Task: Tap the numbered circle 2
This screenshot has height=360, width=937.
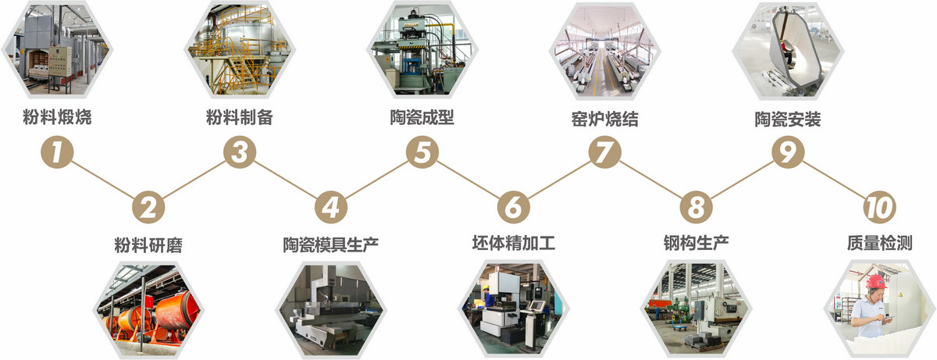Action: (x=148, y=207)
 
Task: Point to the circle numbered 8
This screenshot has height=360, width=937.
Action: (x=696, y=207)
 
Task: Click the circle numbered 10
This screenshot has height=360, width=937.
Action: (x=879, y=207)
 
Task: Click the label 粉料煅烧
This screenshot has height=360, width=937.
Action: (x=57, y=119)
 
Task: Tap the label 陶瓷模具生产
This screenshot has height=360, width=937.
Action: (x=330, y=244)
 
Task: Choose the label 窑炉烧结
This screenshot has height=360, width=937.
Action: (x=604, y=119)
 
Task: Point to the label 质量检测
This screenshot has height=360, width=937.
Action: (x=879, y=243)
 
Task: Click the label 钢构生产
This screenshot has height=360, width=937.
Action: (x=696, y=243)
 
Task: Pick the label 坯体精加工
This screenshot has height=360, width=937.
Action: (x=514, y=243)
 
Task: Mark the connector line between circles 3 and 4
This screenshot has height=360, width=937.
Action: (x=285, y=180)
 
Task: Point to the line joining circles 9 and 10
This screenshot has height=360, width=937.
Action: (x=832, y=180)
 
